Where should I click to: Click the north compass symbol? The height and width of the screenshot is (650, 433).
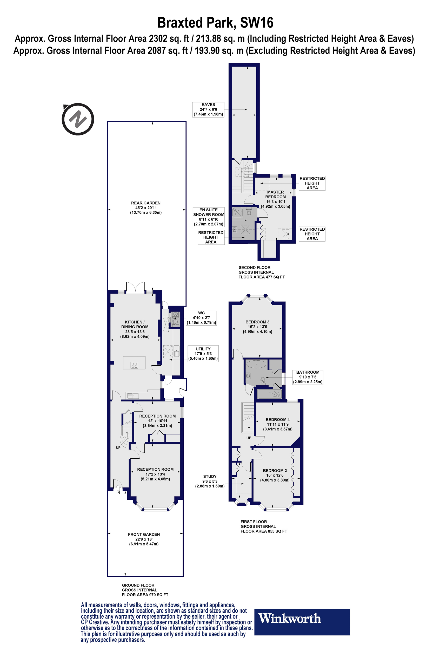(78, 119)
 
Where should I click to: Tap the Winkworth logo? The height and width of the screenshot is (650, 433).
(302, 622)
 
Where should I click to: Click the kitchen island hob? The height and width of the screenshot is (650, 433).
(134, 365)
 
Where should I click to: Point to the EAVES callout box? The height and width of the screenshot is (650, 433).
(208, 109)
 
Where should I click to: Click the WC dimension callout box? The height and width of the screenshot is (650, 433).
(201, 318)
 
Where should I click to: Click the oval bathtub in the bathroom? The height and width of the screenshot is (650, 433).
(256, 364)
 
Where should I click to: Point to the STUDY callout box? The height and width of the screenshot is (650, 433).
(210, 481)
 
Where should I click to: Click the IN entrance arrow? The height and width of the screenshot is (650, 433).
(118, 489)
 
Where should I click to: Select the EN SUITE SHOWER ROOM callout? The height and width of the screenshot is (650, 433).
(209, 217)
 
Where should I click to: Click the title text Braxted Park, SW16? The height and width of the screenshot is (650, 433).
(215, 23)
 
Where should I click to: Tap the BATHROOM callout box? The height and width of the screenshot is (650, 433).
(308, 377)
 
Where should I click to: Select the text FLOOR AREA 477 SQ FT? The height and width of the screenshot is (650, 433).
(262, 277)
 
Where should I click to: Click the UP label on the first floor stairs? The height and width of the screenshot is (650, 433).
(249, 438)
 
